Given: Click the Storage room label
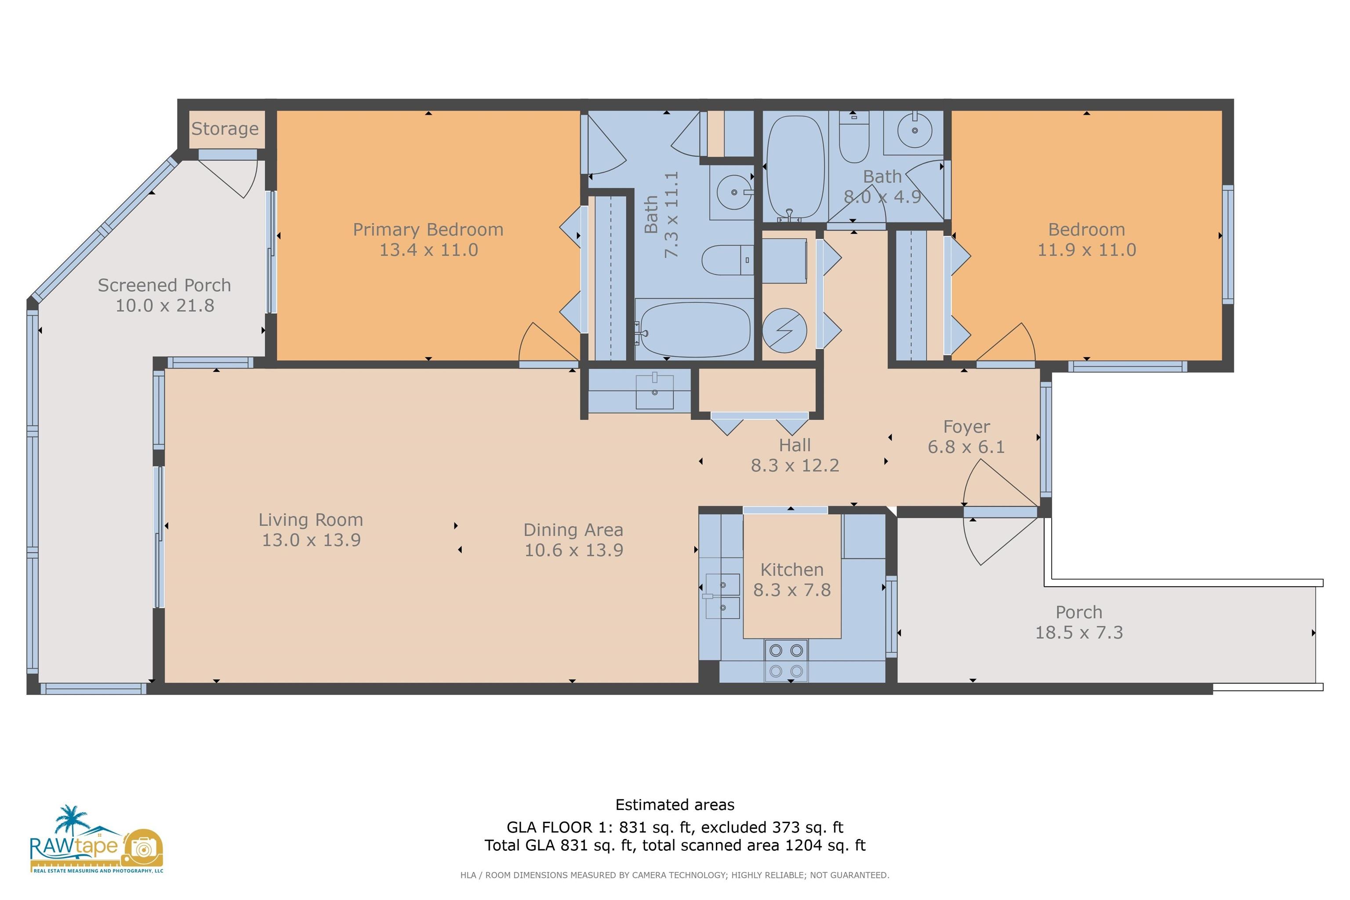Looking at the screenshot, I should (225, 129).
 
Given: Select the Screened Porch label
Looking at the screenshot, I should (164, 285).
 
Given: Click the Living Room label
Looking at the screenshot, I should (311, 519).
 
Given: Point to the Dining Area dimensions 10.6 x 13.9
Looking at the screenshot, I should (573, 550).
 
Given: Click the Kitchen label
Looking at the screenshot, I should (791, 570).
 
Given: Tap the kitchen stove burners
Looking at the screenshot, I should (786, 660).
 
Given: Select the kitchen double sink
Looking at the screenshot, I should (722, 596).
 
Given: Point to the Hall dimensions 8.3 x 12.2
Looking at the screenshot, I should (795, 465).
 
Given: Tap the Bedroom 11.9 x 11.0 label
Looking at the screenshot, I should (1086, 240).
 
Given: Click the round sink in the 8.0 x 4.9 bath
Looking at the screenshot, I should (915, 130).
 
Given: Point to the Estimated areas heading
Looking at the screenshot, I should (675, 805).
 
